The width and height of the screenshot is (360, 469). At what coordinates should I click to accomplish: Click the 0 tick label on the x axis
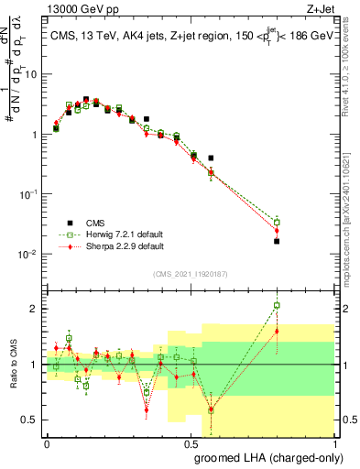coord(47,446)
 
